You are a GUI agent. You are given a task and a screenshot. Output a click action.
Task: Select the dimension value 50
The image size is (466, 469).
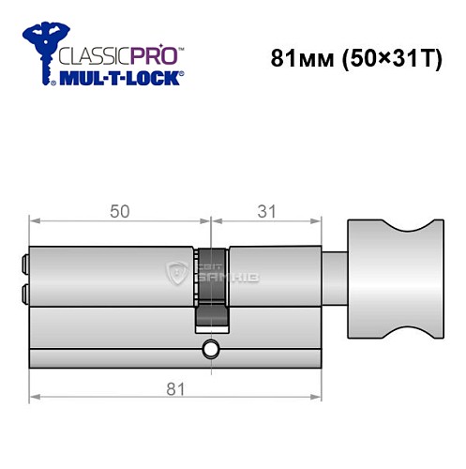tap(119, 212)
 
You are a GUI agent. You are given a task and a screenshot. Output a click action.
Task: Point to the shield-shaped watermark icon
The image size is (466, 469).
tap(175, 274)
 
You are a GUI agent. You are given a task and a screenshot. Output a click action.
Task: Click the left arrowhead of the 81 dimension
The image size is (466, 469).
tap(35, 398)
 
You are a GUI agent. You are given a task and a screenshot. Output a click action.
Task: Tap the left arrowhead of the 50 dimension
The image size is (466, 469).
tap(35, 222)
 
